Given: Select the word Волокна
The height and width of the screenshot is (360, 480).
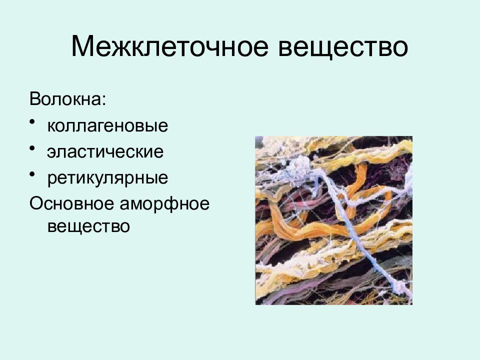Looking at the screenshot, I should (66, 98).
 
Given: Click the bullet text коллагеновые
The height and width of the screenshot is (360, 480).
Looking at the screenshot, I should (107, 125).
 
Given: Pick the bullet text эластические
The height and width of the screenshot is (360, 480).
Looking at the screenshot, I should (105, 151).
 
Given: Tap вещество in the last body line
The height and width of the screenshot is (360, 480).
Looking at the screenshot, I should (88, 226).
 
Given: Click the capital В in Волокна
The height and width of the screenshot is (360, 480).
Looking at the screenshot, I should (34, 98).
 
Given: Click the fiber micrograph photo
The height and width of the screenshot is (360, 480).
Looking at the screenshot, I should (333, 220).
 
